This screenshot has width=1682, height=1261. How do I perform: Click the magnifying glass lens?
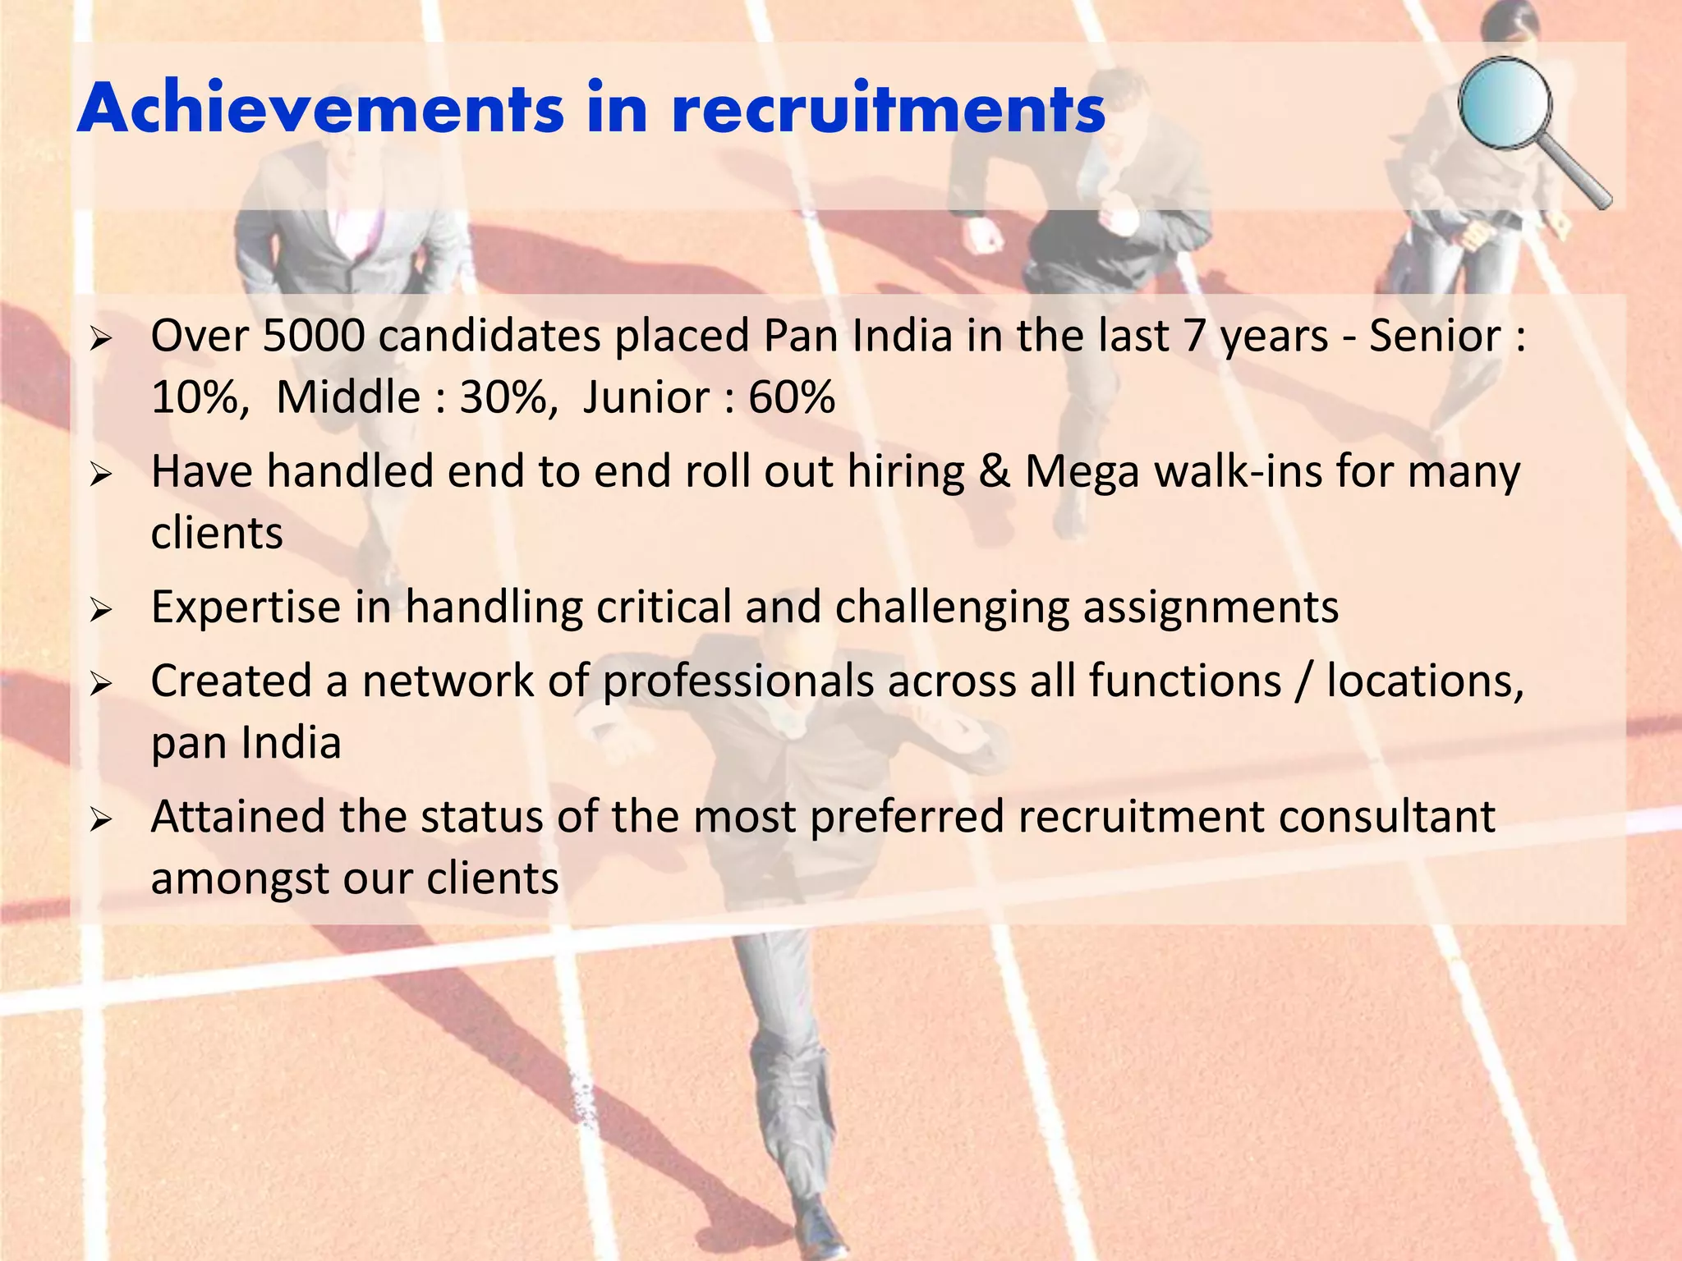click(x=1505, y=103)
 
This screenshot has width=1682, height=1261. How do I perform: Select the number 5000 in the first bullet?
click(x=314, y=337)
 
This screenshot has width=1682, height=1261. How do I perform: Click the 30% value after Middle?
click(x=503, y=398)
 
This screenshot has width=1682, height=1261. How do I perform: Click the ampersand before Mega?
click(x=995, y=473)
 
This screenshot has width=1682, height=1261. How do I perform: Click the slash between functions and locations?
click(x=1303, y=682)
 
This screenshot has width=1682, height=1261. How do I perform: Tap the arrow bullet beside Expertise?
click(x=100, y=610)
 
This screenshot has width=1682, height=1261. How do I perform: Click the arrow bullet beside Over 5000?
click(x=100, y=338)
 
